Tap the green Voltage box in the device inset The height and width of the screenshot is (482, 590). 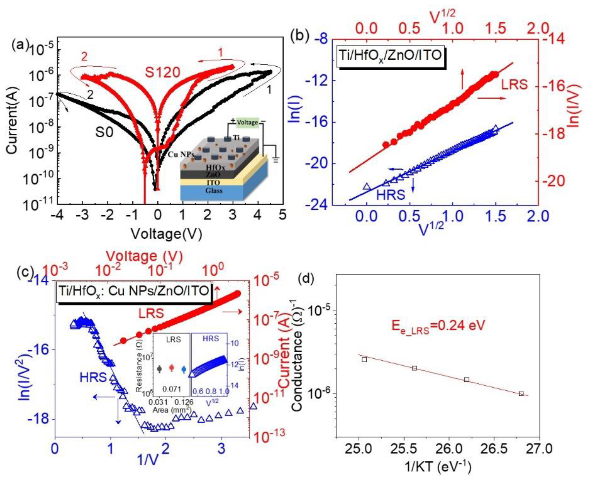(x=247, y=122)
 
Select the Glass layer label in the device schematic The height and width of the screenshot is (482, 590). (x=214, y=191)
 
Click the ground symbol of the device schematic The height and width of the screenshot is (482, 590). (x=275, y=160)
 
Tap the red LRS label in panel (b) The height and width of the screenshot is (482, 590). (x=514, y=85)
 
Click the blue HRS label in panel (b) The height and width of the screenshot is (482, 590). (x=391, y=195)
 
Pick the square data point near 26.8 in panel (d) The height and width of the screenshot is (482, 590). (x=521, y=393)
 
